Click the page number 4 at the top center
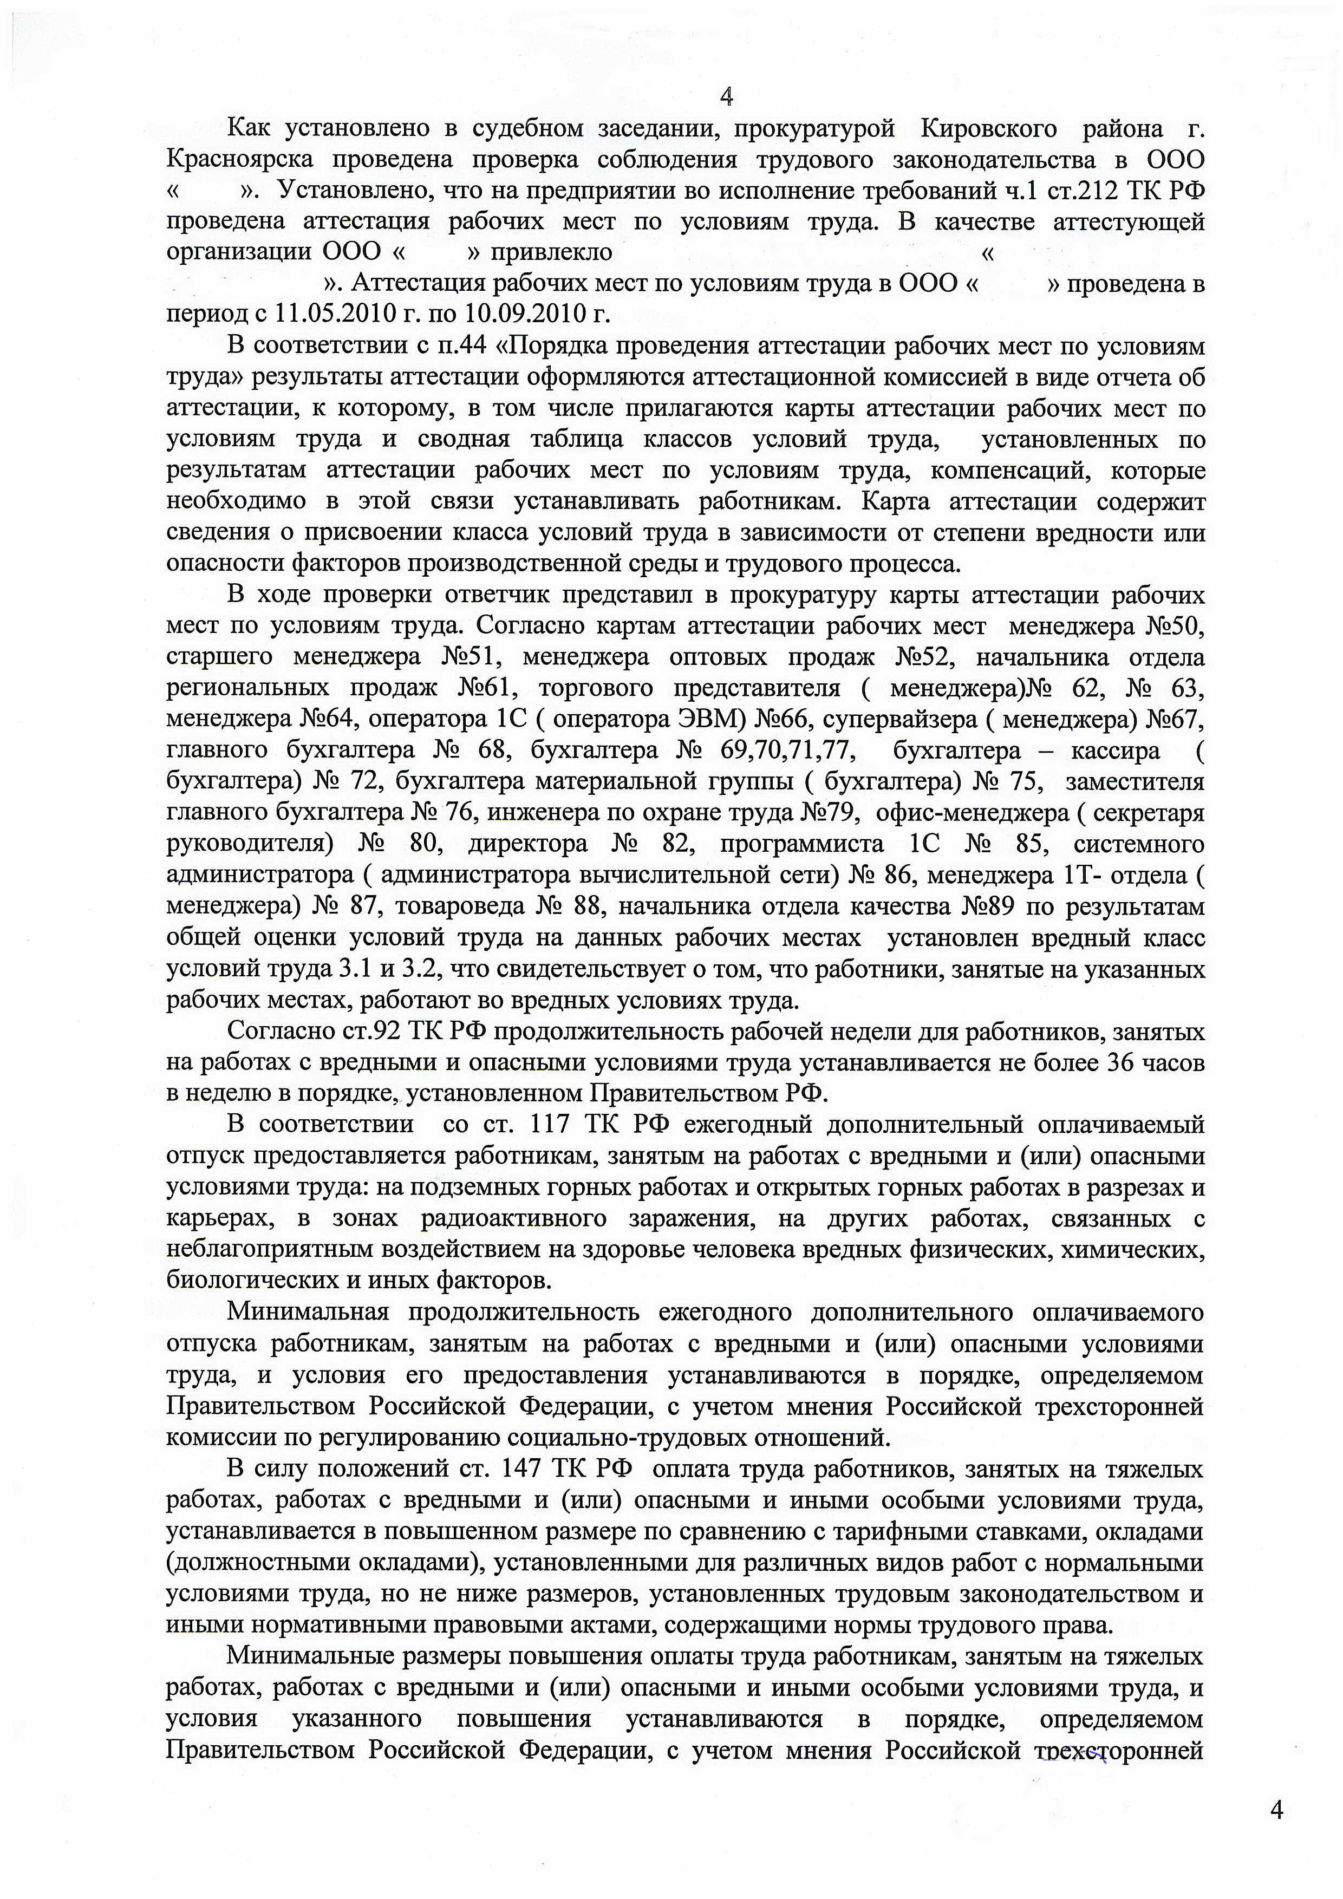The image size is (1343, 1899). click(727, 97)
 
